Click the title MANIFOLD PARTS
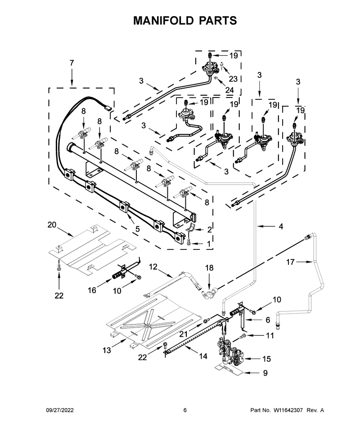click(x=185, y=21)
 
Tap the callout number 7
click(x=72, y=63)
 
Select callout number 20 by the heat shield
click(x=52, y=225)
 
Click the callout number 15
click(x=266, y=359)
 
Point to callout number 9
click(x=265, y=373)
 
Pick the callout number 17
click(x=290, y=262)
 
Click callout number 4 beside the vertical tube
click(x=281, y=227)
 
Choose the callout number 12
click(x=153, y=267)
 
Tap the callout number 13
click(x=107, y=350)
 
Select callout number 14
click(x=203, y=356)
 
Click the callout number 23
click(x=233, y=79)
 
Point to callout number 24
click(x=229, y=90)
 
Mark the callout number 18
click(x=209, y=268)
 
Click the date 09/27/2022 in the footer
click(x=59, y=410)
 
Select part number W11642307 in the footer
click(x=288, y=410)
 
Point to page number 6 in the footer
click(x=185, y=410)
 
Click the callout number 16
click(x=92, y=290)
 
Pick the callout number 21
click(x=184, y=334)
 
